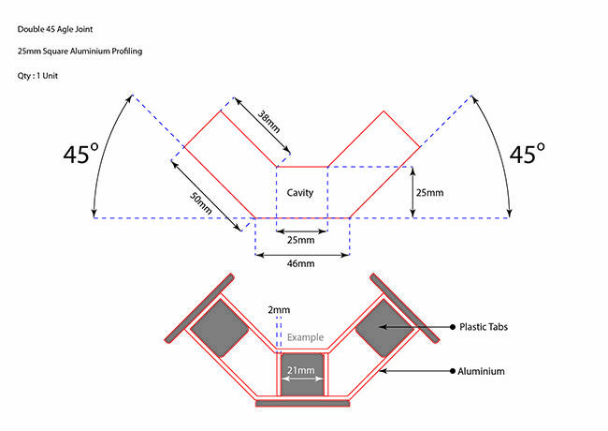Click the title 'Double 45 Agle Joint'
tap(55, 29)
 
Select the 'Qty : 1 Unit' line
tap(40, 75)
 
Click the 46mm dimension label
tap(301, 264)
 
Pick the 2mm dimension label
tap(279, 309)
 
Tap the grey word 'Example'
tap(304, 336)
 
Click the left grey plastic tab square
tap(220, 327)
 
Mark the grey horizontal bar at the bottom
tap(302, 403)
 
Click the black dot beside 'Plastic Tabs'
tap(451, 327)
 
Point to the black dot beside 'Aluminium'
tap(451, 372)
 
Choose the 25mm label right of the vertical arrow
tap(429, 193)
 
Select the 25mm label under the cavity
tap(300, 240)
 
